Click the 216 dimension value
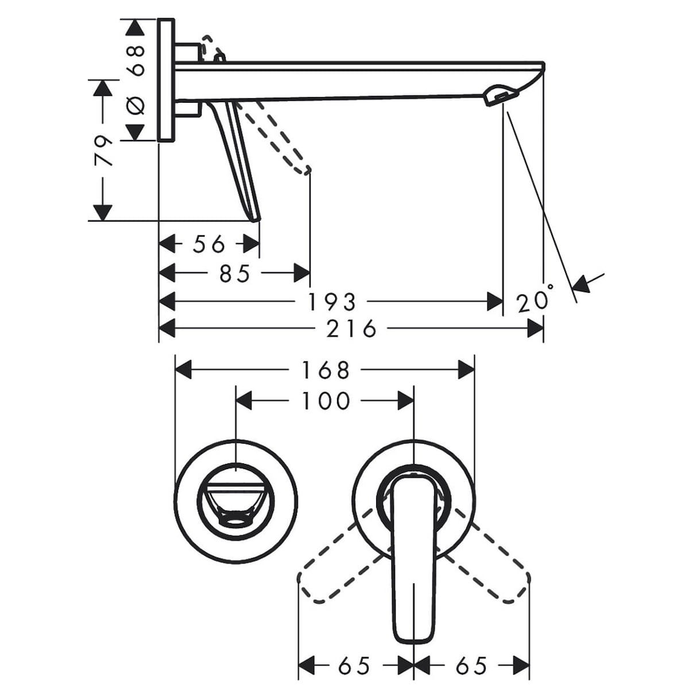[351, 329]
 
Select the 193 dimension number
[332, 301]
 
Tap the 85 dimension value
[235, 273]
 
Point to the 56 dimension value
[209, 245]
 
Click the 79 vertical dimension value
[103, 150]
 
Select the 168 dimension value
[325, 370]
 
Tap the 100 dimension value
[325, 400]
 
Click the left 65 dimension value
[354, 666]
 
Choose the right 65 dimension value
[471, 666]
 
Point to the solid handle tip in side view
[254, 217]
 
